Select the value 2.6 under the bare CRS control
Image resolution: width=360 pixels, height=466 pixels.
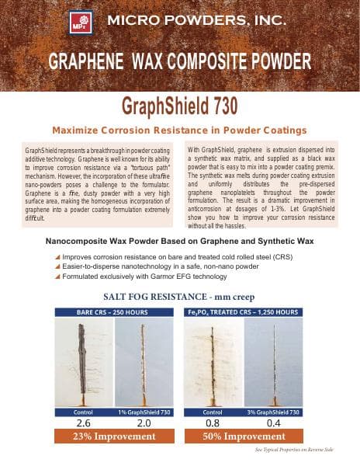[x=85, y=423]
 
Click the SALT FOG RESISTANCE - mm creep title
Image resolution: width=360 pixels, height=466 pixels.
[x=180, y=297]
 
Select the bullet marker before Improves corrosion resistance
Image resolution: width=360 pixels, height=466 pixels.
[x=57, y=256]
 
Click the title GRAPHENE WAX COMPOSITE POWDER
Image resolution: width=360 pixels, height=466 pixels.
[x=180, y=61]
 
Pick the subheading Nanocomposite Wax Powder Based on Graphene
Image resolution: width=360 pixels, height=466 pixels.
[x=180, y=241]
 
